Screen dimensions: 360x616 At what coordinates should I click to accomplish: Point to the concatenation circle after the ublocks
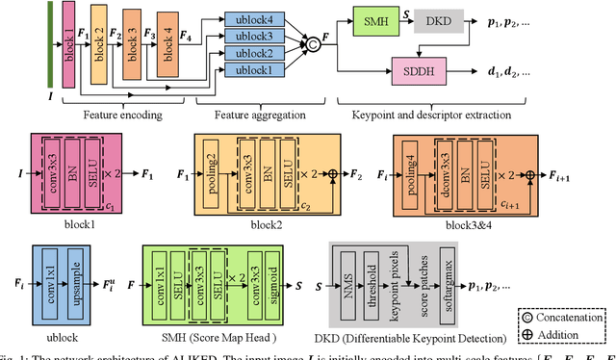312,44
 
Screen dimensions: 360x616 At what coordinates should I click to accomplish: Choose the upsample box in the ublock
73,289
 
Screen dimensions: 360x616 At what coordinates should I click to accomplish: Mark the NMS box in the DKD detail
348,289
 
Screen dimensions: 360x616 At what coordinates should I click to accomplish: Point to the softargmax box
446,289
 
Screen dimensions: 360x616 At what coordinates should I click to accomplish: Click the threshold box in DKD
372,289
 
